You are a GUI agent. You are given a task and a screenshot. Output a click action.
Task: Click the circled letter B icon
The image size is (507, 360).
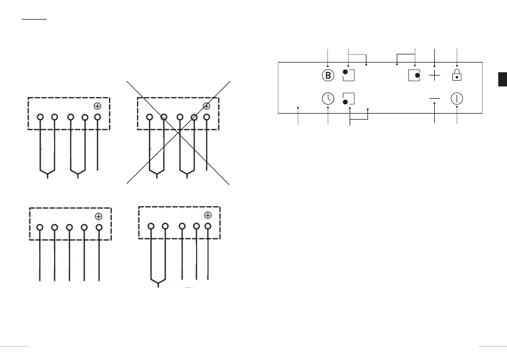(328, 75)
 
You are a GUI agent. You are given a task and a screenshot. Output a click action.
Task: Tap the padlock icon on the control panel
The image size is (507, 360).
(457, 75)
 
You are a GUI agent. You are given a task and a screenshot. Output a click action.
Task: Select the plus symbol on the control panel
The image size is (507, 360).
(434, 75)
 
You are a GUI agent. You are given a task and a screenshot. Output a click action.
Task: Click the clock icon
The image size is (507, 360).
(328, 99)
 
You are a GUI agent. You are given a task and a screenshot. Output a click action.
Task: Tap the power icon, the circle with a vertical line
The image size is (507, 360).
(457, 99)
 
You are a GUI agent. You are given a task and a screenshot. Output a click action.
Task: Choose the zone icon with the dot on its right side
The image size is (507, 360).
(414, 75)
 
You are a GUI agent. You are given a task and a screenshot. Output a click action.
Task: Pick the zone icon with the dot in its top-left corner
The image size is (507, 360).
(348, 75)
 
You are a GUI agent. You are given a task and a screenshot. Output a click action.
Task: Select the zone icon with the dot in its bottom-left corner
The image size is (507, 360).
(348, 99)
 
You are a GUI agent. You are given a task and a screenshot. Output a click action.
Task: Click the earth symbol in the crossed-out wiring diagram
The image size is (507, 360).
(206, 106)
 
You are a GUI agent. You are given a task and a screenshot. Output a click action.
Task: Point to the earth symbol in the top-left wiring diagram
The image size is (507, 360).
(97, 106)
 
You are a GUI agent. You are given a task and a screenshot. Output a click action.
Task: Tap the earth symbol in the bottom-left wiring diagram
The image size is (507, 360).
(98, 216)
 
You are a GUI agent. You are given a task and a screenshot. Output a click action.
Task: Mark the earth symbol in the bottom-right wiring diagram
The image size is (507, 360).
(208, 215)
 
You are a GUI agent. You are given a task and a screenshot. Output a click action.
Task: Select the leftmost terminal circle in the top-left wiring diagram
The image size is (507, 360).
(40, 117)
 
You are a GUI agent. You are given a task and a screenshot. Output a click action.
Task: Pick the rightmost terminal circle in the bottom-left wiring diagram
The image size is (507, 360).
(99, 227)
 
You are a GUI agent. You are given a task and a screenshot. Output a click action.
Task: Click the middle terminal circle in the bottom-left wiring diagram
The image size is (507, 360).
(69, 227)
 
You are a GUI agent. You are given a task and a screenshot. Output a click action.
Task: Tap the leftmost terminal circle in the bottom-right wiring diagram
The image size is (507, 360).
(151, 226)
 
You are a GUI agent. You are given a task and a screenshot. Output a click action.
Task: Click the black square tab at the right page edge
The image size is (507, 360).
(502, 79)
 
